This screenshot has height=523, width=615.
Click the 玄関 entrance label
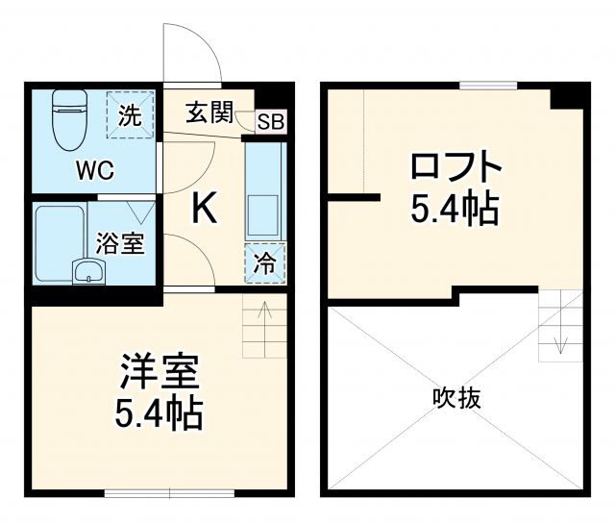tap(209, 113)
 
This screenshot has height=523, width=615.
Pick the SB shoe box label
tap(271, 122)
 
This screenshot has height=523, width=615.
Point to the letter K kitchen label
tap(205, 208)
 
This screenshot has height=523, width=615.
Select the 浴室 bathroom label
tap(121, 243)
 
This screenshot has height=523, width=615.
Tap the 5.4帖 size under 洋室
tap(159, 413)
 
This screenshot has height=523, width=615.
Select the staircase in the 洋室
tap(263, 327)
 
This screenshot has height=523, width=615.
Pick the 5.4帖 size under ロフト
tap(455, 208)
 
